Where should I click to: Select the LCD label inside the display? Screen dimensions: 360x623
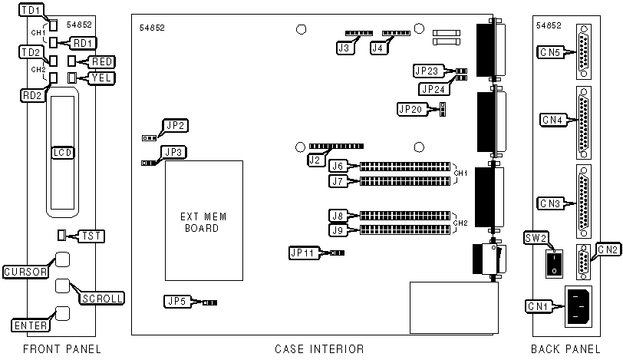click(62, 152)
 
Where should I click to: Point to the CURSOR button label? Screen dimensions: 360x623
click(26, 272)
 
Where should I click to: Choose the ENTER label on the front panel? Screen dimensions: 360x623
click(31, 325)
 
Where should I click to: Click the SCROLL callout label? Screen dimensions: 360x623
click(102, 297)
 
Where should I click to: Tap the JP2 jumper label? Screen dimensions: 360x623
click(176, 125)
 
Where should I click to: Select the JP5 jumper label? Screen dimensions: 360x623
click(176, 302)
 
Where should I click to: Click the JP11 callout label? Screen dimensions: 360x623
click(302, 252)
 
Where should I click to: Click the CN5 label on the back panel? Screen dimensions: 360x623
click(549, 53)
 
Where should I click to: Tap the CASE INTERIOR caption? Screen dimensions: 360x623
click(318, 349)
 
